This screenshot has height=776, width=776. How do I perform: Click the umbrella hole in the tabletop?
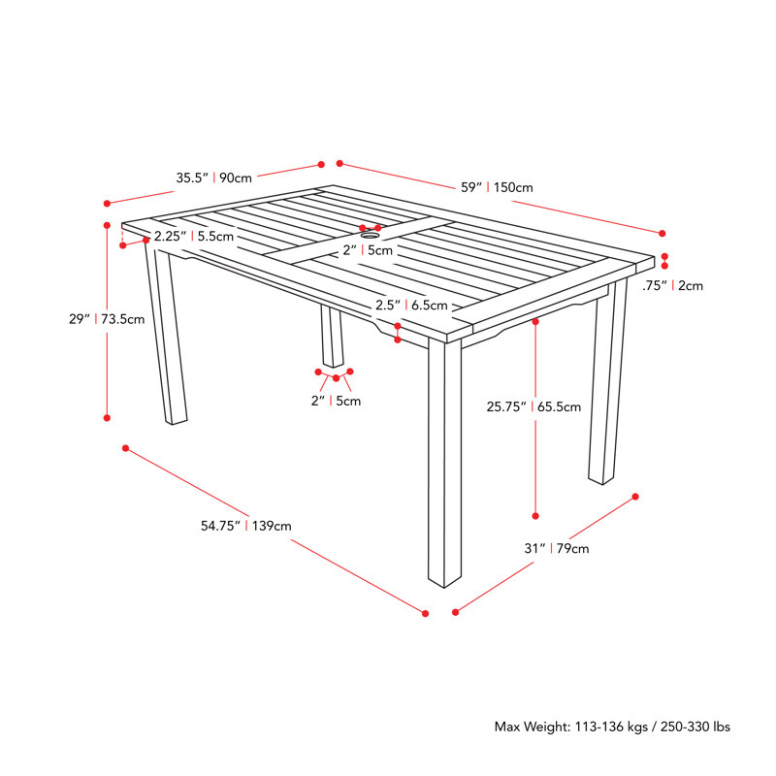370,236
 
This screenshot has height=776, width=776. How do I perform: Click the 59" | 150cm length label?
497,187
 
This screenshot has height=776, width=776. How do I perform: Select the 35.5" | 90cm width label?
213,178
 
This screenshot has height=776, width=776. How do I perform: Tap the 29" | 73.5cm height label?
107,319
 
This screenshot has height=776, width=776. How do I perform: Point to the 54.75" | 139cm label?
246,526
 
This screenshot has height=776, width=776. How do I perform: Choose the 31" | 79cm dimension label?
557,548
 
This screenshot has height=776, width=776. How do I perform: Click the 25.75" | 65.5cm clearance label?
533,406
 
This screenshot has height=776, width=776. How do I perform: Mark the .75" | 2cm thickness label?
672,285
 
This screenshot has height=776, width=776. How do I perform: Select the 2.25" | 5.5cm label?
193,236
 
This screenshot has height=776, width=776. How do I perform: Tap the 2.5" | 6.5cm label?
411,305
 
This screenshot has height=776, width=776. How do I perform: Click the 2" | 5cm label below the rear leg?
336,401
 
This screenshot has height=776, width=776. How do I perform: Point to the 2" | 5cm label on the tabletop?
368,250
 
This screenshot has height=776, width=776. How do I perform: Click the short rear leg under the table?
332,336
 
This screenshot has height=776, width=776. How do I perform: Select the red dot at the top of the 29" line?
107,226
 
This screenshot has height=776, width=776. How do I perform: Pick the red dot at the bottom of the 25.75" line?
535,516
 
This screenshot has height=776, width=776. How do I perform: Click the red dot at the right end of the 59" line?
663,233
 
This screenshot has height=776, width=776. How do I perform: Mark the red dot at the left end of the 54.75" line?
126,448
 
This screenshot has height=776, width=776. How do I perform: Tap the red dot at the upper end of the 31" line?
635,497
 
